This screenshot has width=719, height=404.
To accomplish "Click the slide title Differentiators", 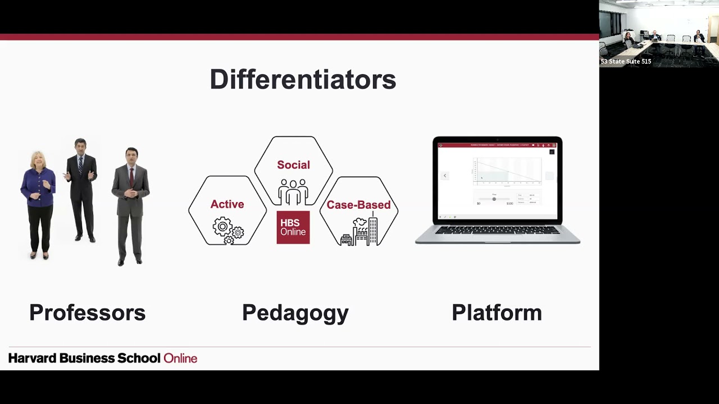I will (303, 80).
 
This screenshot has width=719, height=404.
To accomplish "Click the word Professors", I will (87, 313).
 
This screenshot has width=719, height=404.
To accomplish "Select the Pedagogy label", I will (295, 313).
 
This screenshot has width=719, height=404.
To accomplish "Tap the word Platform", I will (497, 313).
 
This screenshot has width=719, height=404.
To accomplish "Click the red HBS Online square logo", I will (293, 227).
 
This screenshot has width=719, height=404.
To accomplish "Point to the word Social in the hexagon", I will (293, 165).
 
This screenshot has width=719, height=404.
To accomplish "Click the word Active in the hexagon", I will (227, 204).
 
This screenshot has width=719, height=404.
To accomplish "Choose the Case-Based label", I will (358, 205).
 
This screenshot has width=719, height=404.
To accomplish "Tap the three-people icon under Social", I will (293, 191).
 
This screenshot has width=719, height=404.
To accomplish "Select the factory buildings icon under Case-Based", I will (359, 232).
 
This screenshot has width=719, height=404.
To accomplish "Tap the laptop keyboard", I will (497, 231).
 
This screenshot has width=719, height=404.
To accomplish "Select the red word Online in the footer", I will (180, 358).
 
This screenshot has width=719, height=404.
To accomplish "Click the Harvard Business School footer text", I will (84, 358).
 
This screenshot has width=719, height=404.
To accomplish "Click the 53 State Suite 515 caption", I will (626, 62).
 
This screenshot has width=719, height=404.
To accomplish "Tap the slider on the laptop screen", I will (494, 199).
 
